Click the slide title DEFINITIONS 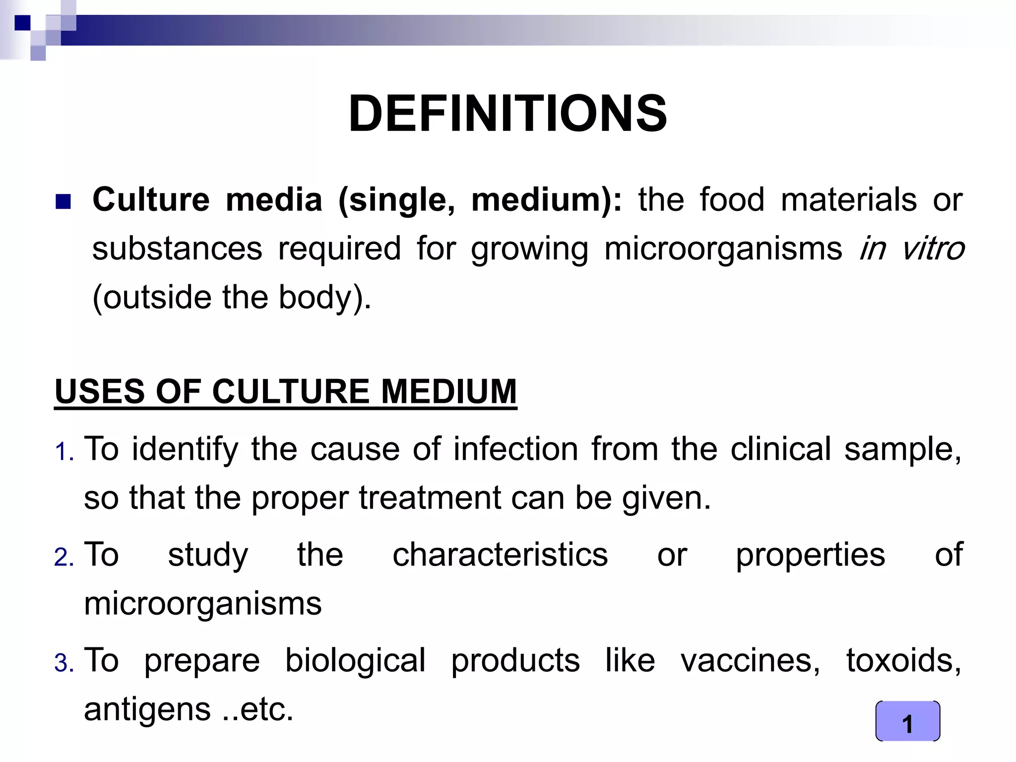[x=508, y=114]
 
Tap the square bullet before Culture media [x=63, y=201]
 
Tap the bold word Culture [x=151, y=199]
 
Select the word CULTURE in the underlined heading [x=291, y=391]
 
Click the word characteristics [x=500, y=555]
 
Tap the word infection [x=516, y=449]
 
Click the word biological [x=355, y=660]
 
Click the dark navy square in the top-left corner [x=22, y=23]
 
